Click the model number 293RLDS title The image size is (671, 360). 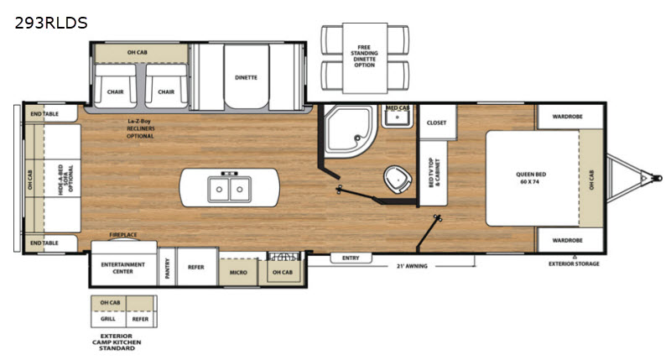coord(51,23)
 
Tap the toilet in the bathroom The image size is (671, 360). coord(397,180)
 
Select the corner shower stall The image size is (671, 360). coord(350,130)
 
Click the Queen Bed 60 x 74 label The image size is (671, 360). coord(531,178)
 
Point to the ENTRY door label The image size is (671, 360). coord(351,258)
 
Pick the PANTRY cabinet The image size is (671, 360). coord(167,267)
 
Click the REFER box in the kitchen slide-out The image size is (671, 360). coord(196,267)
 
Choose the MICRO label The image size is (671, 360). coord(238,272)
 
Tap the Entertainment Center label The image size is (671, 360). coord(122,268)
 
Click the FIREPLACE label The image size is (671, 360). coord(123,235)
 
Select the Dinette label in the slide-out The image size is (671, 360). coord(246,77)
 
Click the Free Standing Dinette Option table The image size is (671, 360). coord(365,58)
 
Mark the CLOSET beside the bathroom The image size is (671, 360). coord(437,123)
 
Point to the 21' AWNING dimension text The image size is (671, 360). coord(412,266)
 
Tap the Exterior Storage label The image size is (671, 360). coord(574,263)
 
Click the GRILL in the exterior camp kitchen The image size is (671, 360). coord(108,319)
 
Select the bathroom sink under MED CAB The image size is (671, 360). coord(397,117)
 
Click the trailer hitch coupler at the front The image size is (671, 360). coord(658,178)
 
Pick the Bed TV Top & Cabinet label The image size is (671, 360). coord(434,173)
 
